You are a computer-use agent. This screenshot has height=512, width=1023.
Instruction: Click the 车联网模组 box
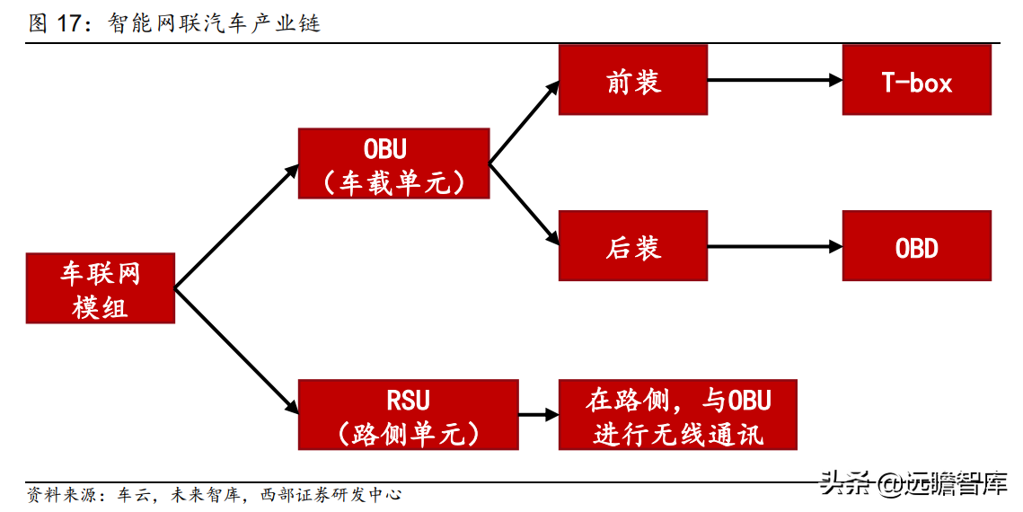click(x=100, y=288)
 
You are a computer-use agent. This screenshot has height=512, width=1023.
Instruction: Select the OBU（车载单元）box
click(x=393, y=163)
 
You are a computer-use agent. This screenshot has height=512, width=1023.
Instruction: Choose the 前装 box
click(x=632, y=81)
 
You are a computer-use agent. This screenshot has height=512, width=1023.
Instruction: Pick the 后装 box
click(x=632, y=246)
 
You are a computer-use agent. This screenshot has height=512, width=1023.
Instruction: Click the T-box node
click(x=916, y=81)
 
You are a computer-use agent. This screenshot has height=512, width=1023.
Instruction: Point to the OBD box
click(x=916, y=246)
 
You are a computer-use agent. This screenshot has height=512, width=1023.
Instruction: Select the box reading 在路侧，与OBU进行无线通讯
click(x=677, y=415)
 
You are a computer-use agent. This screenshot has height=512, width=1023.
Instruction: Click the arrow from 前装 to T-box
click(x=774, y=81)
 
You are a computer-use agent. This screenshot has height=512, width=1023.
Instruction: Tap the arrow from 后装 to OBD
click(x=774, y=246)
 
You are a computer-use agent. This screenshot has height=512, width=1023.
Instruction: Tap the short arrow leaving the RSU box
click(x=538, y=415)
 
